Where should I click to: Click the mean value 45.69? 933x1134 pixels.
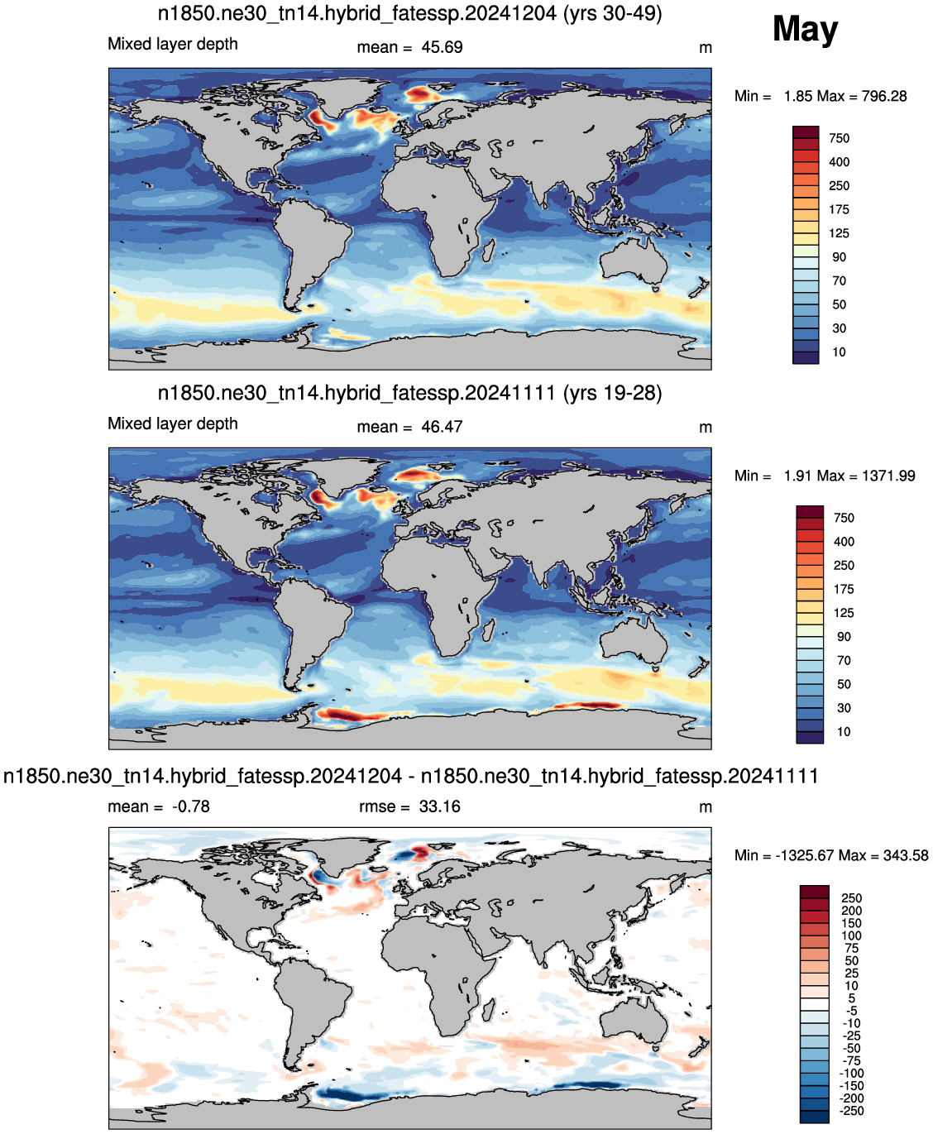(442, 47)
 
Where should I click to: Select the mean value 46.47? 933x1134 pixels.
(442, 427)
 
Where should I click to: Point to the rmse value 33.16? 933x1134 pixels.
(439, 806)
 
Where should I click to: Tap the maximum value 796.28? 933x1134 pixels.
(884, 96)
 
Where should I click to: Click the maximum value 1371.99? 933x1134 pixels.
(888, 476)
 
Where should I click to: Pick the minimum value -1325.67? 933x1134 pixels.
(804, 855)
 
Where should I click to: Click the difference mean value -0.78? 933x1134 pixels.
(191, 806)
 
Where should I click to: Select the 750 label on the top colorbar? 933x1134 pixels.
(839, 138)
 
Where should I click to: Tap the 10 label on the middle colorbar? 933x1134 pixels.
(843, 732)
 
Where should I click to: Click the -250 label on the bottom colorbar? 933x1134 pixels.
(851, 1111)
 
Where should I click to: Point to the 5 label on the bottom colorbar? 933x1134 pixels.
(851, 998)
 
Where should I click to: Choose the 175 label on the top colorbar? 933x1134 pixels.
(839, 210)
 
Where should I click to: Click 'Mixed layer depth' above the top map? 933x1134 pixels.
(173, 44)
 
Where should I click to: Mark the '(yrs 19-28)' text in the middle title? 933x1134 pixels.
(613, 393)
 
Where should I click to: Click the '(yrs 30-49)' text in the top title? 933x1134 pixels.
(613, 13)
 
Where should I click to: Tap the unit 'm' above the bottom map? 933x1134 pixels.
(706, 807)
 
